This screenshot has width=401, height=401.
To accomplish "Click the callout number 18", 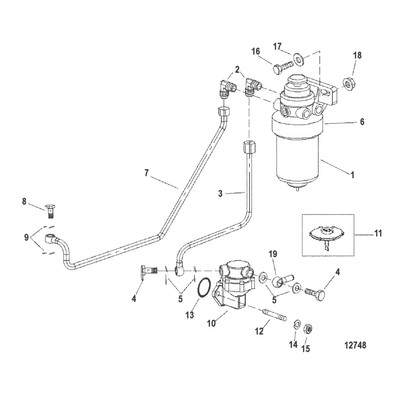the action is coord(357,55).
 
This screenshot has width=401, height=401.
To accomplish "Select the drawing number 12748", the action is coord(355,345).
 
